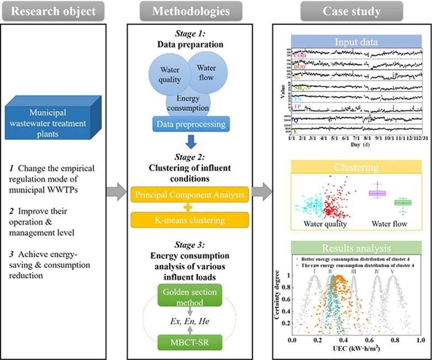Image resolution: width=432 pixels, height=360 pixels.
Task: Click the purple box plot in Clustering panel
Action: click(x=376, y=194)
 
